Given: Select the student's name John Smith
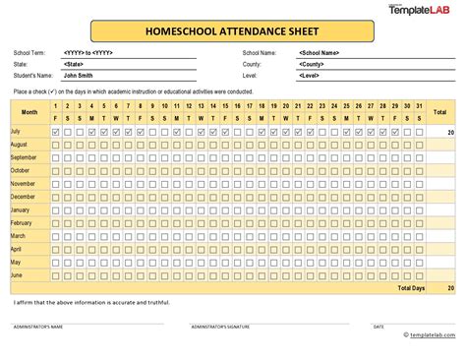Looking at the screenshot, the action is pos(77,75).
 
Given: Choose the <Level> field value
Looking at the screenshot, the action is pos(310,75).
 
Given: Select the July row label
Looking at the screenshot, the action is pos(16,131).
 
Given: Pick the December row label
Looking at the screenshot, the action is pos(23,197).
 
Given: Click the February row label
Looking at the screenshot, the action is pos(21,223).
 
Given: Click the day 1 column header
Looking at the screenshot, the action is pos(55,105).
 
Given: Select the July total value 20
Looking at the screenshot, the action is pos(450,131).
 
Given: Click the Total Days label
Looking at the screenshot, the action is pos(413,289).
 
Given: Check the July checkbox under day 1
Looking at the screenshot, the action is pos(55,131).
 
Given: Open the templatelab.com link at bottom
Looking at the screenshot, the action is pos(434,334).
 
